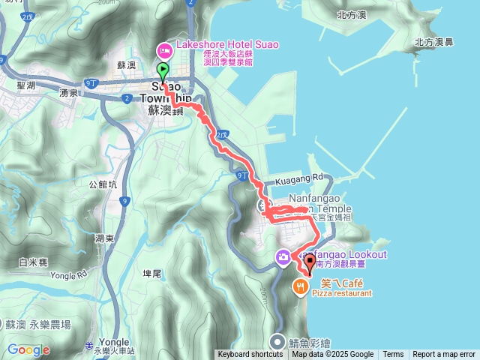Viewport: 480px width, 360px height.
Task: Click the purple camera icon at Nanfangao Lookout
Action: click(283, 258)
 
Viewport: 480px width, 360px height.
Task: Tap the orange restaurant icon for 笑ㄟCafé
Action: click(300, 285)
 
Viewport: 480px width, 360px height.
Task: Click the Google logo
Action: click(28, 349)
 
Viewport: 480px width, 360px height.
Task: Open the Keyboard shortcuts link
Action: click(250, 355)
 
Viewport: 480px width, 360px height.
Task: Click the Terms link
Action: click(393, 355)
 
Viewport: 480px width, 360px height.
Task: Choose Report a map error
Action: click(444, 355)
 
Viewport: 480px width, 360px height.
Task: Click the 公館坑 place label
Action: click(103, 183)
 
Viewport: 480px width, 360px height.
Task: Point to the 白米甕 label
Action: click(34, 262)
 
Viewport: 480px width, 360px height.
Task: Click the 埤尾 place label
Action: click(151, 274)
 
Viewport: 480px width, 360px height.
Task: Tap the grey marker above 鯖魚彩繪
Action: click(279, 338)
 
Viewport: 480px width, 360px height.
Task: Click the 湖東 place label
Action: click(104, 238)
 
